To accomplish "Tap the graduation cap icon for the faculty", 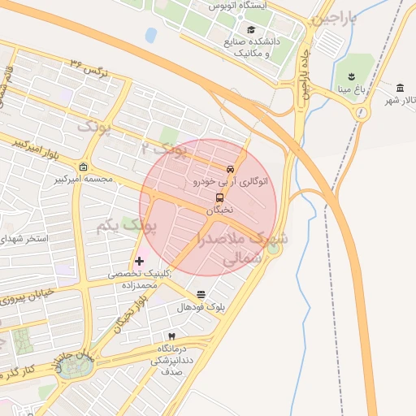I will [251, 29].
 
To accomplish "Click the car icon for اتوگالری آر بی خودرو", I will [230, 170].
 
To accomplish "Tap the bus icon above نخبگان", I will [219, 197].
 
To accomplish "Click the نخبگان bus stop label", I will [219, 210].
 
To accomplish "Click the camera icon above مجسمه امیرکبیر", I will [83, 167].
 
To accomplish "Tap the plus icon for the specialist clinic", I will [140, 262].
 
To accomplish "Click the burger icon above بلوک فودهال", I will [201, 294].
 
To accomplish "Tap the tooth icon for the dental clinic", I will [171, 336].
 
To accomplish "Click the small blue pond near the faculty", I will [151, 35].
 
